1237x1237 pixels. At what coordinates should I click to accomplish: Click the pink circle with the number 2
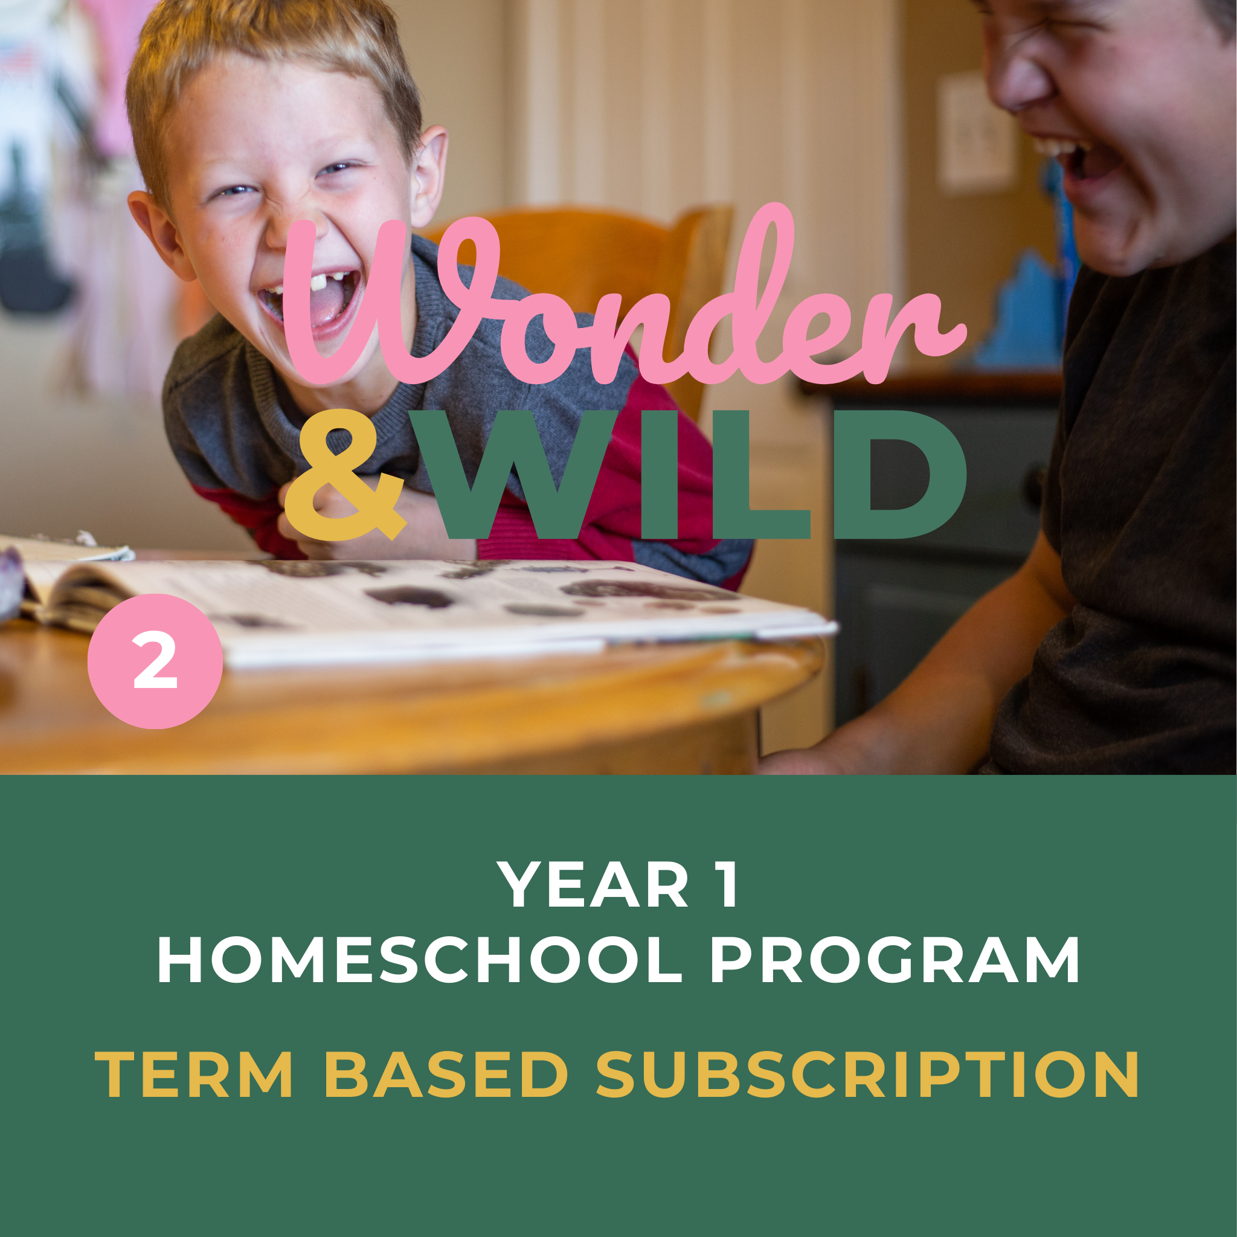coord(155,661)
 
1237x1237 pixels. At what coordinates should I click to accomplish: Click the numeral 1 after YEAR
coord(728,885)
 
